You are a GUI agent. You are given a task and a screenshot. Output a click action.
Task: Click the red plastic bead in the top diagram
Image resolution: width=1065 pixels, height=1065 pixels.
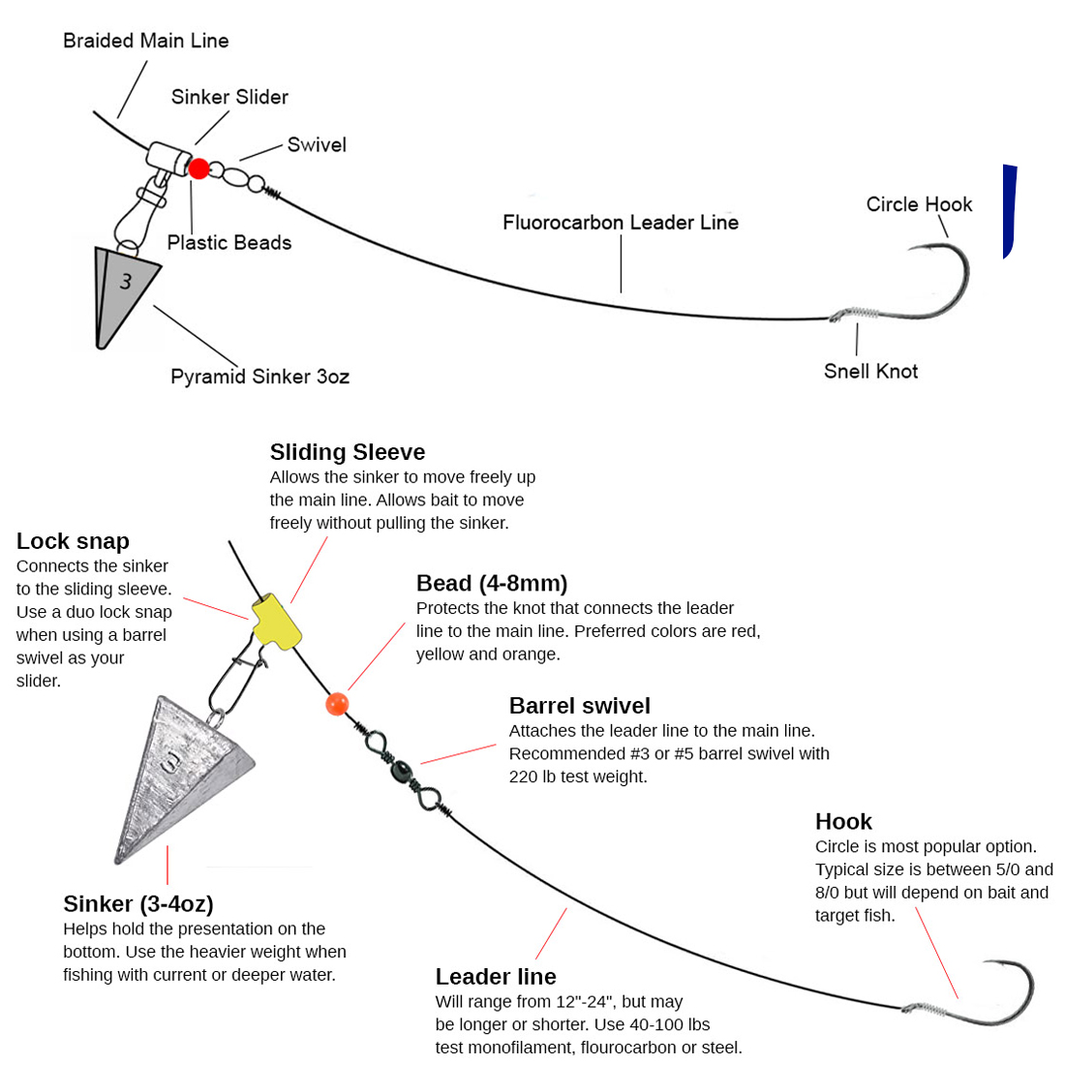pyautogui.click(x=198, y=168)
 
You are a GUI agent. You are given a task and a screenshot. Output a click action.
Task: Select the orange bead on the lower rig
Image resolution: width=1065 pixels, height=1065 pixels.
pyautogui.click(x=336, y=704)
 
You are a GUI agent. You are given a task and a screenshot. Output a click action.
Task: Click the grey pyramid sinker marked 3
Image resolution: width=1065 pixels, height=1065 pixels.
pyautogui.click(x=123, y=290)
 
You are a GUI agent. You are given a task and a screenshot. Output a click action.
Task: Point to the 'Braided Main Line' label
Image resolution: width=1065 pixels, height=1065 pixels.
pyautogui.click(x=145, y=41)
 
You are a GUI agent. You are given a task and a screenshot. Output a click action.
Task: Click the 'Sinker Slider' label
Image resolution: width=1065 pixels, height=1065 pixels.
pyautogui.click(x=229, y=97)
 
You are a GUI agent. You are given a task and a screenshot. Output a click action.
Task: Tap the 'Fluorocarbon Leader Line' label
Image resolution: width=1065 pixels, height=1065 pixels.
pyautogui.click(x=620, y=223)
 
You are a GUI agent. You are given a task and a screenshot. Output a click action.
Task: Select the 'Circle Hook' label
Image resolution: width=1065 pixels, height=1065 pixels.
pyautogui.click(x=919, y=204)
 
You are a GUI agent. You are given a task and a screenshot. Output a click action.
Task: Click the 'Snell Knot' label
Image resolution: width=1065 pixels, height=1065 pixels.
pyautogui.click(x=870, y=371)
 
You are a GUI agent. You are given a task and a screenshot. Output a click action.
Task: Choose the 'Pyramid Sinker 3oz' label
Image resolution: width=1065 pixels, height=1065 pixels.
pyautogui.click(x=259, y=377)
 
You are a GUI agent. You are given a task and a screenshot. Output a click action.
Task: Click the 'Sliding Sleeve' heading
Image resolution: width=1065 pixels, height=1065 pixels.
pyautogui.click(x=347, y=452)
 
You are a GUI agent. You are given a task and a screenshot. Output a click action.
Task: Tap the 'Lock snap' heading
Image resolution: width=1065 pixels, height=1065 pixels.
pyautogui.click(x=73, y=541)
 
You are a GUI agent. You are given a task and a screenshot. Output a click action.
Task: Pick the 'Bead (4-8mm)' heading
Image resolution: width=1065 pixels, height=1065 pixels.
pyautogui.click(x=492, y=583)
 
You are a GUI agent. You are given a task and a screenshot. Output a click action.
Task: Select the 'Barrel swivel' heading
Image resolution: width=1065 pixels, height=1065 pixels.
pyautogui.click(x=579, y=706)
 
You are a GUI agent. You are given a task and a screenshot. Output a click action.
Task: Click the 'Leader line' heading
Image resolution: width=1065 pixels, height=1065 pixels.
pyautogui.click(x=496, y=976)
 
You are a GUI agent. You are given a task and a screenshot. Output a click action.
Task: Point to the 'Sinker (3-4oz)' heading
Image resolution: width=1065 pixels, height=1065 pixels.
pyautogui.click(x=138, y=903)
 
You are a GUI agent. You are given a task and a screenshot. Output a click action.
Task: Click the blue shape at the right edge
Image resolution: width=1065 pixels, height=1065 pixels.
pyautogui.click(x=1009, y=211)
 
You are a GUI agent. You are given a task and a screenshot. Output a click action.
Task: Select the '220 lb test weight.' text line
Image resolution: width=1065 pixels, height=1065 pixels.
pyautogui.click(x=578, y=776)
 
